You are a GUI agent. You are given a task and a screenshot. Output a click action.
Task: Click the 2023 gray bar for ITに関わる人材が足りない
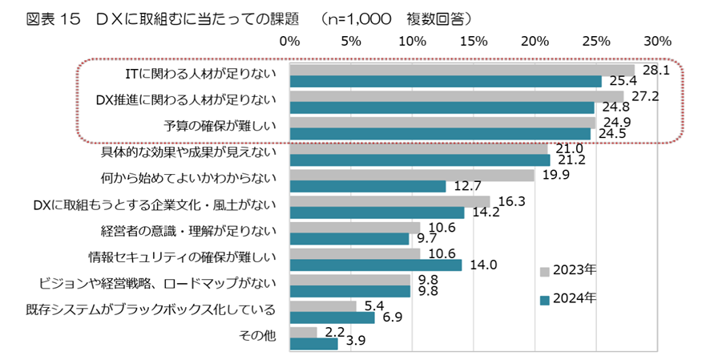point(462,70)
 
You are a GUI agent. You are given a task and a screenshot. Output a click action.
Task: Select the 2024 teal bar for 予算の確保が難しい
point(440,134)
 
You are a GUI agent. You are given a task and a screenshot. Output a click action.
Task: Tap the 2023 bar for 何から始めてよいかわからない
point(412,175)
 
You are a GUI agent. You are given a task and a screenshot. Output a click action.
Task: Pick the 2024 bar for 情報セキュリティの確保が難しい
point(376,265)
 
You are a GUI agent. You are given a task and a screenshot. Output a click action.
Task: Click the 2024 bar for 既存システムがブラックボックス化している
point(332,318)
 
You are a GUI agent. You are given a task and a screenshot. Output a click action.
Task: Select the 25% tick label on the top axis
point(596,40)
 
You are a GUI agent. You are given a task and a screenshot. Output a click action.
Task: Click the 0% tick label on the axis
point(290,40)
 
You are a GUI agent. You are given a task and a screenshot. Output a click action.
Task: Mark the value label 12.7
point(466,187)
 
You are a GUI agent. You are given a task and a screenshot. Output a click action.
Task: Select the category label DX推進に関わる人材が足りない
point(186,100)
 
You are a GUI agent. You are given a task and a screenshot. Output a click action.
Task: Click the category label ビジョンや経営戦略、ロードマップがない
point(158,283)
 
